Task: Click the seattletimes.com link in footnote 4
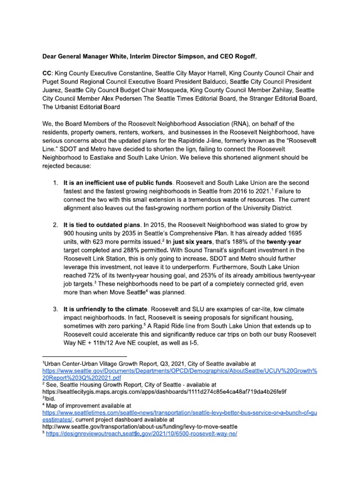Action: pos(180,412)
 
